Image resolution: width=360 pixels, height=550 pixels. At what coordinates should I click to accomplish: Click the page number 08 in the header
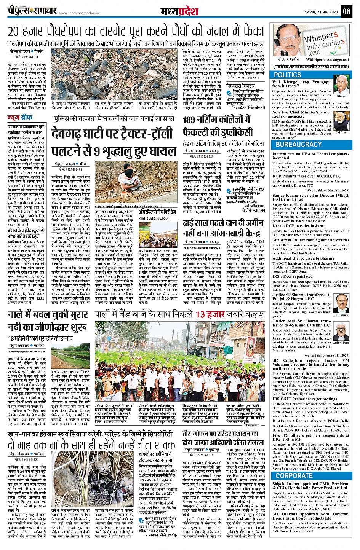[x=346, y=11]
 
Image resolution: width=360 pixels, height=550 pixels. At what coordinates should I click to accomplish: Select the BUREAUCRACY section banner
[x=299, y=145]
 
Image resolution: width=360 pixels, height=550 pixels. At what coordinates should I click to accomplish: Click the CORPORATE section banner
[x=294, y=476]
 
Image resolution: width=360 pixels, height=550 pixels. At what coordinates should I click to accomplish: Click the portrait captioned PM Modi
[x=341, y=121]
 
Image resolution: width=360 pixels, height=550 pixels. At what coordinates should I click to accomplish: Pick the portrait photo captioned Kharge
[x=341, y=84]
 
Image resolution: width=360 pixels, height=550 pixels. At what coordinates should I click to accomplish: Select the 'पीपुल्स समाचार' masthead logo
[x=32, y=11]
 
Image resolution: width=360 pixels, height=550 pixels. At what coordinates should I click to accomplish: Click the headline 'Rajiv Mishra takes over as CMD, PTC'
[x=307, y=176]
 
